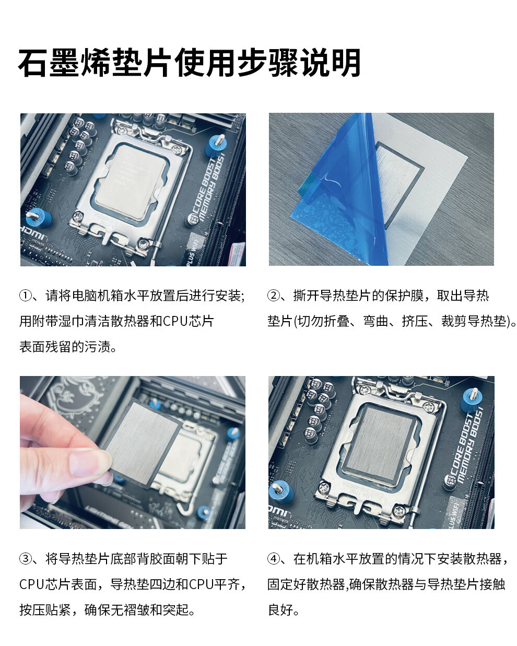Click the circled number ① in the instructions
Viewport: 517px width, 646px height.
tap(26, 296)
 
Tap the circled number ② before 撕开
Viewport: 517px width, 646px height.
tap(274, 296)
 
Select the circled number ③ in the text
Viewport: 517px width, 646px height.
tap(26, 559)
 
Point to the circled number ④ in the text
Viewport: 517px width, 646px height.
tap(274, 559)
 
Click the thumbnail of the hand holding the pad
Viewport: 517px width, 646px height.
tap(133, 452)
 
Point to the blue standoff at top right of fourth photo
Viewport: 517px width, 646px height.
tap(471, 401)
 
